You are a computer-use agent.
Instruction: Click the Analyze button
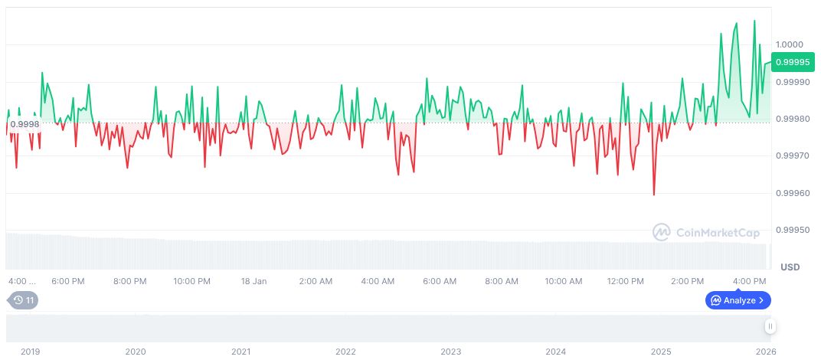pos(738,300)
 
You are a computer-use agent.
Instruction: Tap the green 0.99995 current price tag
pos(793,62)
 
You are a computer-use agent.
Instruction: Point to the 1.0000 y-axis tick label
pos(789,44)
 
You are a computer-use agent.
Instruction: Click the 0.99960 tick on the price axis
pos(792,193)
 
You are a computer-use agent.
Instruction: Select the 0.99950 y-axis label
pos(792,230)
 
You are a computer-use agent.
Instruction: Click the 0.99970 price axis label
pos(792,156)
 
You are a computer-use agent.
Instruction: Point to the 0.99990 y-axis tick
pos(792,82)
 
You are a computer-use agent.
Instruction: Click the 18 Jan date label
pos(253,281)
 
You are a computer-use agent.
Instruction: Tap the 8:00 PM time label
pos(129,281)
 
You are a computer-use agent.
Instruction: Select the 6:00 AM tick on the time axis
pos(440,281)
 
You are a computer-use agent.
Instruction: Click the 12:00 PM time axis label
pos(625,281)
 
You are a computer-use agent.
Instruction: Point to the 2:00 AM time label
pos(316,281)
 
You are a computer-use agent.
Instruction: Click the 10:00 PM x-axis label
pos(191,281)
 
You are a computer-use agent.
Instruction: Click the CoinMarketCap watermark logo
pos(705,231)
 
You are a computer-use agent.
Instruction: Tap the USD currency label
pos(790,267)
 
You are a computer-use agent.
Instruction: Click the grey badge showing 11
pos(22,300)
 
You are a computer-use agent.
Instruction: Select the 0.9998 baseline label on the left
pos(25,123)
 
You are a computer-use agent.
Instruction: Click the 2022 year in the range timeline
pos(345,352)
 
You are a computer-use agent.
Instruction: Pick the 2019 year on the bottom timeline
pos(30,352)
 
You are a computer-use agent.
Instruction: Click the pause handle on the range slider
pos(770,326)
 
